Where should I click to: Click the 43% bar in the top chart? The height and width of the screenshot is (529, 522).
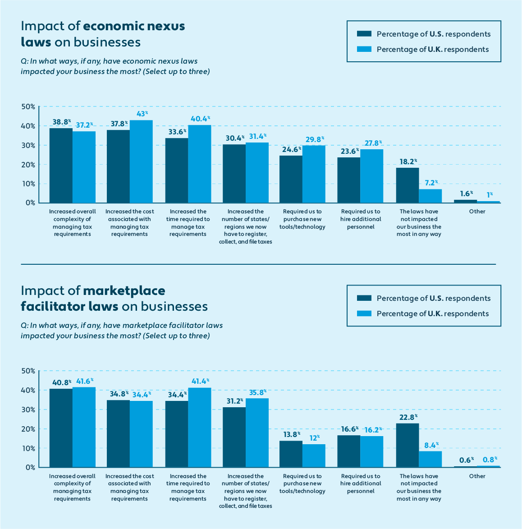(141, 161)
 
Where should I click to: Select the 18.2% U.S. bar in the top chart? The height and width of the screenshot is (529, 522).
(408, 185)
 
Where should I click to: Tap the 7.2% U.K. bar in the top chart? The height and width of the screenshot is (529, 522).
(430, 196)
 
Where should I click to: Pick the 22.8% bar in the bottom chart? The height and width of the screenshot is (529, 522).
(408, 445)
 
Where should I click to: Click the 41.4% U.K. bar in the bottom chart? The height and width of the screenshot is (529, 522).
(199, 428)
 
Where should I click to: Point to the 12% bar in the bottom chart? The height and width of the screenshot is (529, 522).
(314, 455)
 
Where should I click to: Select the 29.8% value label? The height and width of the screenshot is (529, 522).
(315, 139)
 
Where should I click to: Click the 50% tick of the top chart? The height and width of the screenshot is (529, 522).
(28, 107)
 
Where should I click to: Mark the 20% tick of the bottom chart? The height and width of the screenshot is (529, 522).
(28, 429)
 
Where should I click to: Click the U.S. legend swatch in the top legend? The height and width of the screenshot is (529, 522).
(363, 34)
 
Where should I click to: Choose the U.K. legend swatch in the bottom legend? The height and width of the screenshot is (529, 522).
(363, 313)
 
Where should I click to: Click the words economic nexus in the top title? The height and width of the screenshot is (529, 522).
(134, 26)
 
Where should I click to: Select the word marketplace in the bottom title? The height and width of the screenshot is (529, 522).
(124, 290)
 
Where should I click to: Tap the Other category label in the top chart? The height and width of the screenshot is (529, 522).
(477, 212)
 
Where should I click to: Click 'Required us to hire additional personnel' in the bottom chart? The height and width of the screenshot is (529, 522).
(361, 483)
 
